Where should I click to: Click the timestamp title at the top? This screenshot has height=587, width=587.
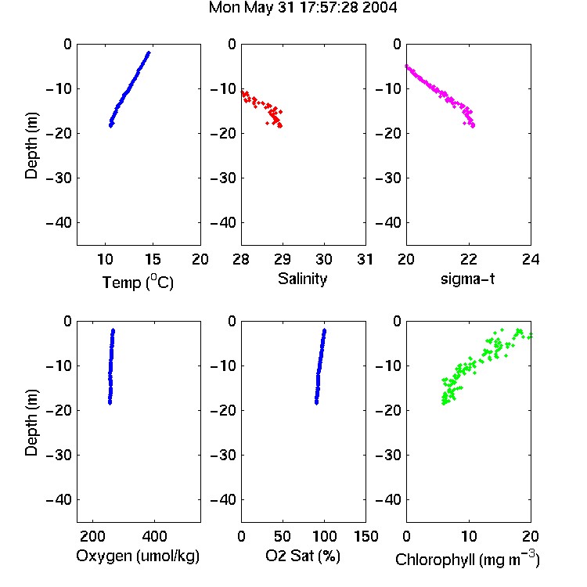[302, 8]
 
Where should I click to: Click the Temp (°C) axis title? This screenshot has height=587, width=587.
[138, 282]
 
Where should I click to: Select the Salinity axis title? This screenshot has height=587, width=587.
[302, 279]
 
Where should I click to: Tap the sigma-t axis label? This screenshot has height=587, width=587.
[467, 279]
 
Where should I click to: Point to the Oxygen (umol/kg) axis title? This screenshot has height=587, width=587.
[138, 556]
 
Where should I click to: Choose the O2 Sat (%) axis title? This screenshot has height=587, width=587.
[302, 556]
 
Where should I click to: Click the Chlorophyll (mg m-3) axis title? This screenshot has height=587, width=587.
[467, 559]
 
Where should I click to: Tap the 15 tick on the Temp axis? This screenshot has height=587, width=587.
[153, 259]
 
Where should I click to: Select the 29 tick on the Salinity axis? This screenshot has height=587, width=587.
[283, 259]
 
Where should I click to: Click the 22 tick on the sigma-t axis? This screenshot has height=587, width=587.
[468, 259]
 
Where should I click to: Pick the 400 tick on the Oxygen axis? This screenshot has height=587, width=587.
[154, 536]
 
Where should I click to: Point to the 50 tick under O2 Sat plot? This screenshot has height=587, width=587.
[283, 536]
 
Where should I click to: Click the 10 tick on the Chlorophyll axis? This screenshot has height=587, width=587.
[468, 536]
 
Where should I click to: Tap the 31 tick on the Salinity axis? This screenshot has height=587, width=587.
[365, 259]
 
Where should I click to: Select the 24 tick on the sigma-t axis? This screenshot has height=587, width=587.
[531, 259]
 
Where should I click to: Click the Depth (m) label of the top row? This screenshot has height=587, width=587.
[31, 146]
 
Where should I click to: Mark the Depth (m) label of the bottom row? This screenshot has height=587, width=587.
[31, 423]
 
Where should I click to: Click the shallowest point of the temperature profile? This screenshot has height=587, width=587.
[149, 53]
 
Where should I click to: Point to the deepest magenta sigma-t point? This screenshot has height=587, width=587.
[474, 126]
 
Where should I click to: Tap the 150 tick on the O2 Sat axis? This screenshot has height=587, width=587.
[366, 536]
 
